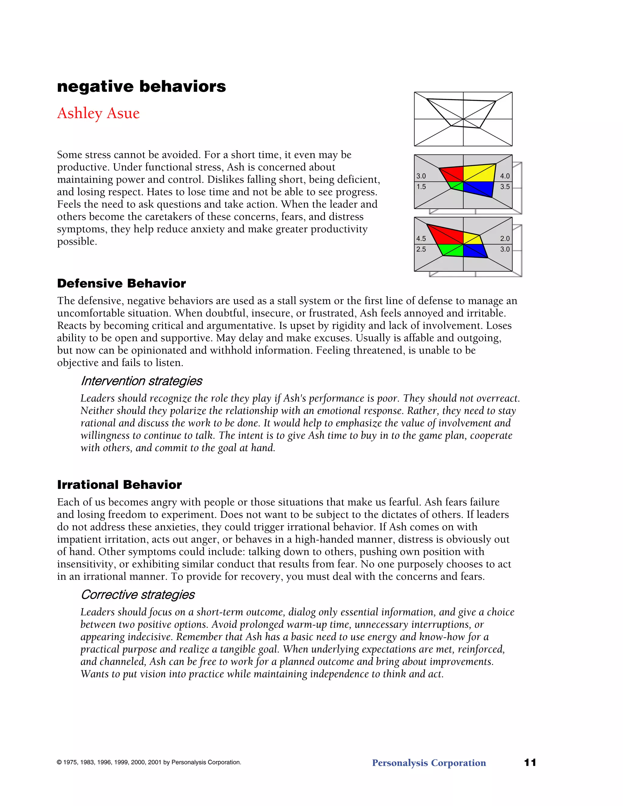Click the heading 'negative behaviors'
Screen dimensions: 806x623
point(141,86)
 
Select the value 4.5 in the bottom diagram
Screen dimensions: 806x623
point(421,238)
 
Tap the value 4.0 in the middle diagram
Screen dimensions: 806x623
point(505,176)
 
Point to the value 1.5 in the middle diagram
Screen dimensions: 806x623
point(421,187)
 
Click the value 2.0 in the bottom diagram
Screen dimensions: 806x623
point(505,238)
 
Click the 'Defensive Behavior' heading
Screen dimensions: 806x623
point(121,283)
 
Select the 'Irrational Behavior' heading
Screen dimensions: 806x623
point(119,485)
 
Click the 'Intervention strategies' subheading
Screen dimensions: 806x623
point(141,381)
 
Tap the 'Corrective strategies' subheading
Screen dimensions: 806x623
point(138,595)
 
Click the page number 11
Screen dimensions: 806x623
point(530,763)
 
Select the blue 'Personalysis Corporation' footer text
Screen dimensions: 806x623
point(429,763)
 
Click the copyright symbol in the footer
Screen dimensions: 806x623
point(59,763)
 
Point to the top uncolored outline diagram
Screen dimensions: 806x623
point(463,119)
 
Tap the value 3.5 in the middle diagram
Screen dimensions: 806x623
point(505,187)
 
